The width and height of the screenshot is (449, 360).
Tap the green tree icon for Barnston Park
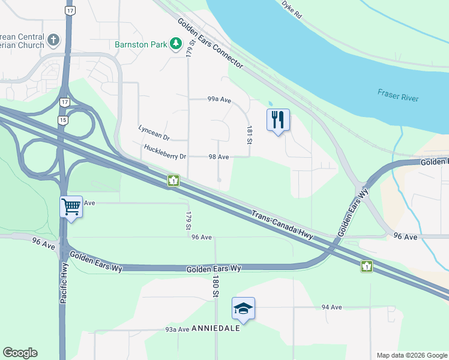tap(176, 44)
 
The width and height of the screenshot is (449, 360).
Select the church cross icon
tap(53, 41)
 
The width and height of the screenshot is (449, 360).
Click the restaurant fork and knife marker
tap(277, 119)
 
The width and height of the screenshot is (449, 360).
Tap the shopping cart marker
tap(71, 207)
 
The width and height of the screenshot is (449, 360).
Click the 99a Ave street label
tap(219, 99)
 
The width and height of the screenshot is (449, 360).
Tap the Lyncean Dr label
tap(154, 129)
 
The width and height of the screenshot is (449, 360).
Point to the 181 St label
tap(249, 135)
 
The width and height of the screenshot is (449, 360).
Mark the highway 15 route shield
tap(63, 121)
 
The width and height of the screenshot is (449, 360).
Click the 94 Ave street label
tap(331, 307)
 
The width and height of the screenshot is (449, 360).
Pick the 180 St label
tap(214, 285)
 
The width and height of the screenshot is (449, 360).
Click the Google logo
tap(20, 353)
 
